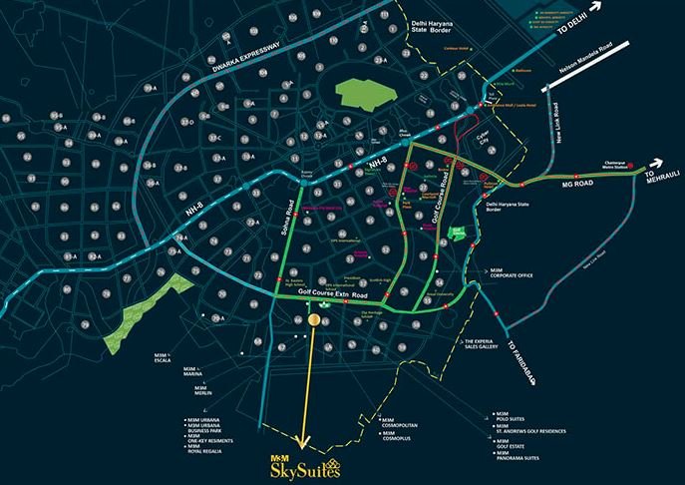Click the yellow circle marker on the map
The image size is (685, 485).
click(314, 320)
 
